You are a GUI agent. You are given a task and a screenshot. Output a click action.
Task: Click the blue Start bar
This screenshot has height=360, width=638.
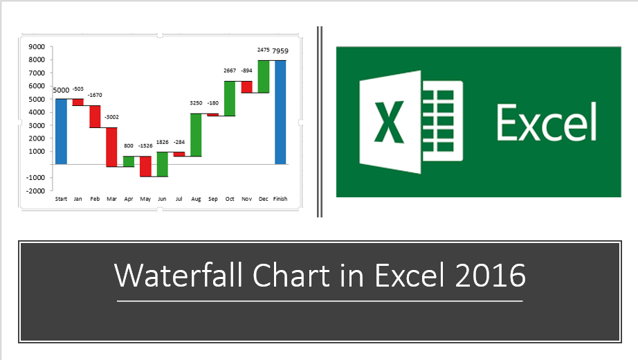(61, 132)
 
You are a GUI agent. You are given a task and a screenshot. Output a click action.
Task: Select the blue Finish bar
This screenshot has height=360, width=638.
(280, 112)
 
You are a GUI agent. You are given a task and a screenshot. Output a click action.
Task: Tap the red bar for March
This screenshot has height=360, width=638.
(111, 147)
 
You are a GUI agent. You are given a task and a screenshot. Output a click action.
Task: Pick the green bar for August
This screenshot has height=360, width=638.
(196, 135)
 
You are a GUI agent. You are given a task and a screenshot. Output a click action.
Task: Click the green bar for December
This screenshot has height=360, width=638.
(264, 77)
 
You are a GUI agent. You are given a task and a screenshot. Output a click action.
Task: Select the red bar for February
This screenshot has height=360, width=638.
(95, 116)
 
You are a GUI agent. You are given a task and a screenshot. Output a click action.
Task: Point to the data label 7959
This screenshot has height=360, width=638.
(280, 51)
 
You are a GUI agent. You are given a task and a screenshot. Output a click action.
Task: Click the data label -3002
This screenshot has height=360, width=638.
(111, 117)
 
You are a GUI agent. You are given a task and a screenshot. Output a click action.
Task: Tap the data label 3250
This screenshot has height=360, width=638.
(196, 103)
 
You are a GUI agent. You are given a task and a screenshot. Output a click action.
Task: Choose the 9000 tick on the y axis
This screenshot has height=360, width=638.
(37, 47)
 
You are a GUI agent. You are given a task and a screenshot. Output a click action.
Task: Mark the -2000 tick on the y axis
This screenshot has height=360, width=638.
(35, 190)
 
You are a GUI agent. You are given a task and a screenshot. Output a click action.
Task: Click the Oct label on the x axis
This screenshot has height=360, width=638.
(230, 199)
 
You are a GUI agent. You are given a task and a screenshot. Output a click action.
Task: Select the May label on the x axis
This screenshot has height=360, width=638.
(145, 199)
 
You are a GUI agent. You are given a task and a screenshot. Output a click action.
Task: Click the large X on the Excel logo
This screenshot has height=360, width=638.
(389, 122)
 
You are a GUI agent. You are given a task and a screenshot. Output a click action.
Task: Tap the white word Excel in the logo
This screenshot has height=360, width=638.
(547, 122)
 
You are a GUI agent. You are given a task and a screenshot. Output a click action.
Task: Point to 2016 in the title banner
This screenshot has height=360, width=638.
(491, 275)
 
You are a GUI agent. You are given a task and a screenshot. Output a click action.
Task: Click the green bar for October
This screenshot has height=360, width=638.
(230, 98)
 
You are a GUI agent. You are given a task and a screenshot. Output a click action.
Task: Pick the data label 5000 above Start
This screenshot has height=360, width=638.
(61, 91)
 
